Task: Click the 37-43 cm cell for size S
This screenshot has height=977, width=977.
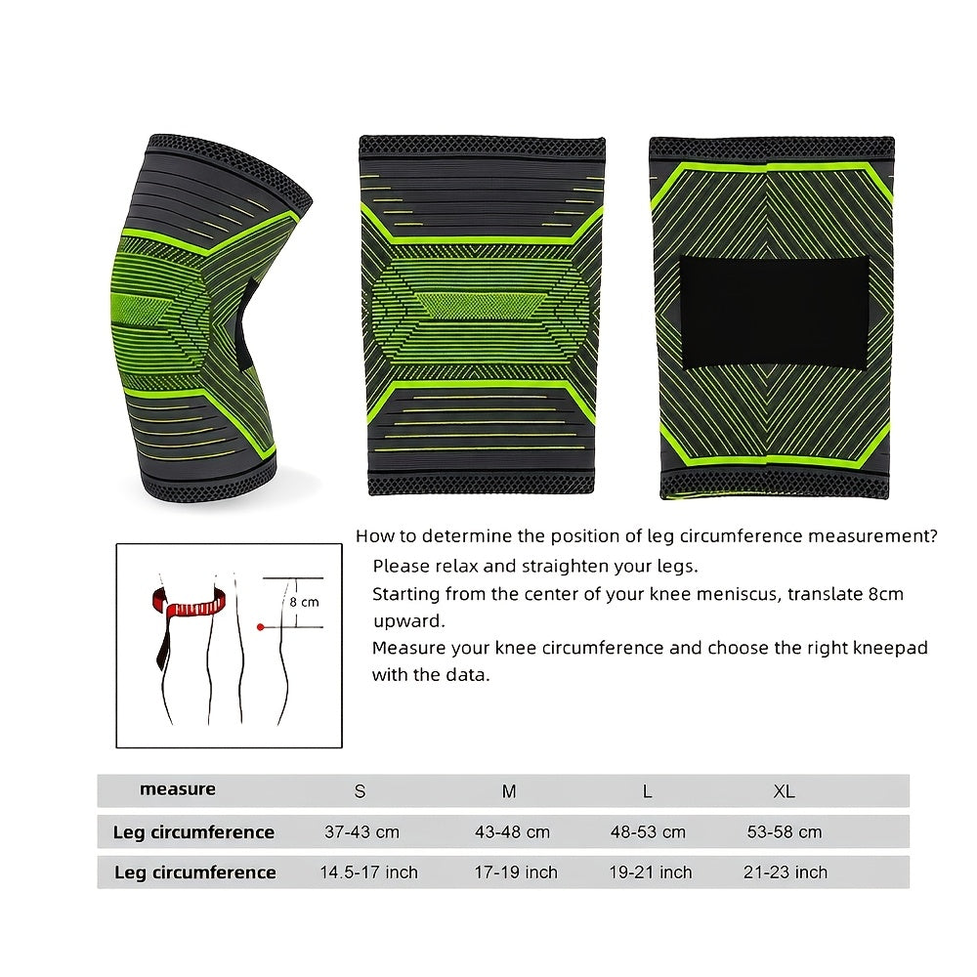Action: tap(362, 831)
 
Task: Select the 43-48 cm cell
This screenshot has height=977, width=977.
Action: tap(512, 831)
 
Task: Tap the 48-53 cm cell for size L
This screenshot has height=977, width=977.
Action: tap(648, 831)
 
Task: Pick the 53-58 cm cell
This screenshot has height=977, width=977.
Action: tap(785, 831)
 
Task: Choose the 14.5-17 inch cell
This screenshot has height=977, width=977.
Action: tap(369, 872)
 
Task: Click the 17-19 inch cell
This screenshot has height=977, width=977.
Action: tap(516, 872)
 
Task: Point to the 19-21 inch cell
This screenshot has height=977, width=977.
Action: tap(651, 872)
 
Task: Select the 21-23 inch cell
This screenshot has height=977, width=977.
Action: tap(786, 872)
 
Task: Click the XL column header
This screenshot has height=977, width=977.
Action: tap(784, 791)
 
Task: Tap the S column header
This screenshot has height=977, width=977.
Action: tap(360, 791)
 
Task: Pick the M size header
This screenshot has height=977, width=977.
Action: tap(509, 791)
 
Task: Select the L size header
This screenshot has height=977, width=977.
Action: tap(648, 791)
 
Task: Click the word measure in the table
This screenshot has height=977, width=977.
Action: tap(178, 789)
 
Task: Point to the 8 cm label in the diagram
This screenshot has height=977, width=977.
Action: tap(304, 602)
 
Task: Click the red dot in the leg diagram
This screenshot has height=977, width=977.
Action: tap(261, 627)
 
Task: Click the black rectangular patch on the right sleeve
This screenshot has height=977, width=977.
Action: tap(774, 313)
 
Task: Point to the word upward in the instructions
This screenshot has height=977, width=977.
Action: tap(408, 621)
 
